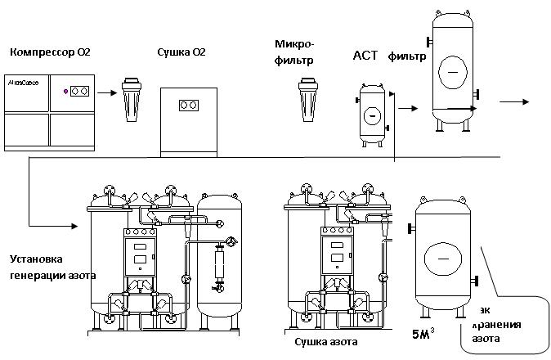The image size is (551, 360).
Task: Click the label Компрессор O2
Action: [50, 53]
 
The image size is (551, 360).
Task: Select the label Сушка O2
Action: [181, 53]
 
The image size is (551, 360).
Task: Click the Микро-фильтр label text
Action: [296, 52]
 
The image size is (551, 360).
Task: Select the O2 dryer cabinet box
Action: [189, 120]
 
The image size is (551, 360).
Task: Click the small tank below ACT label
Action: [373, 114]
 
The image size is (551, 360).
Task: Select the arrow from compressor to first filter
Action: [105, 92]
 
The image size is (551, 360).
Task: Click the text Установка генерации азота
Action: [52, 268]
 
